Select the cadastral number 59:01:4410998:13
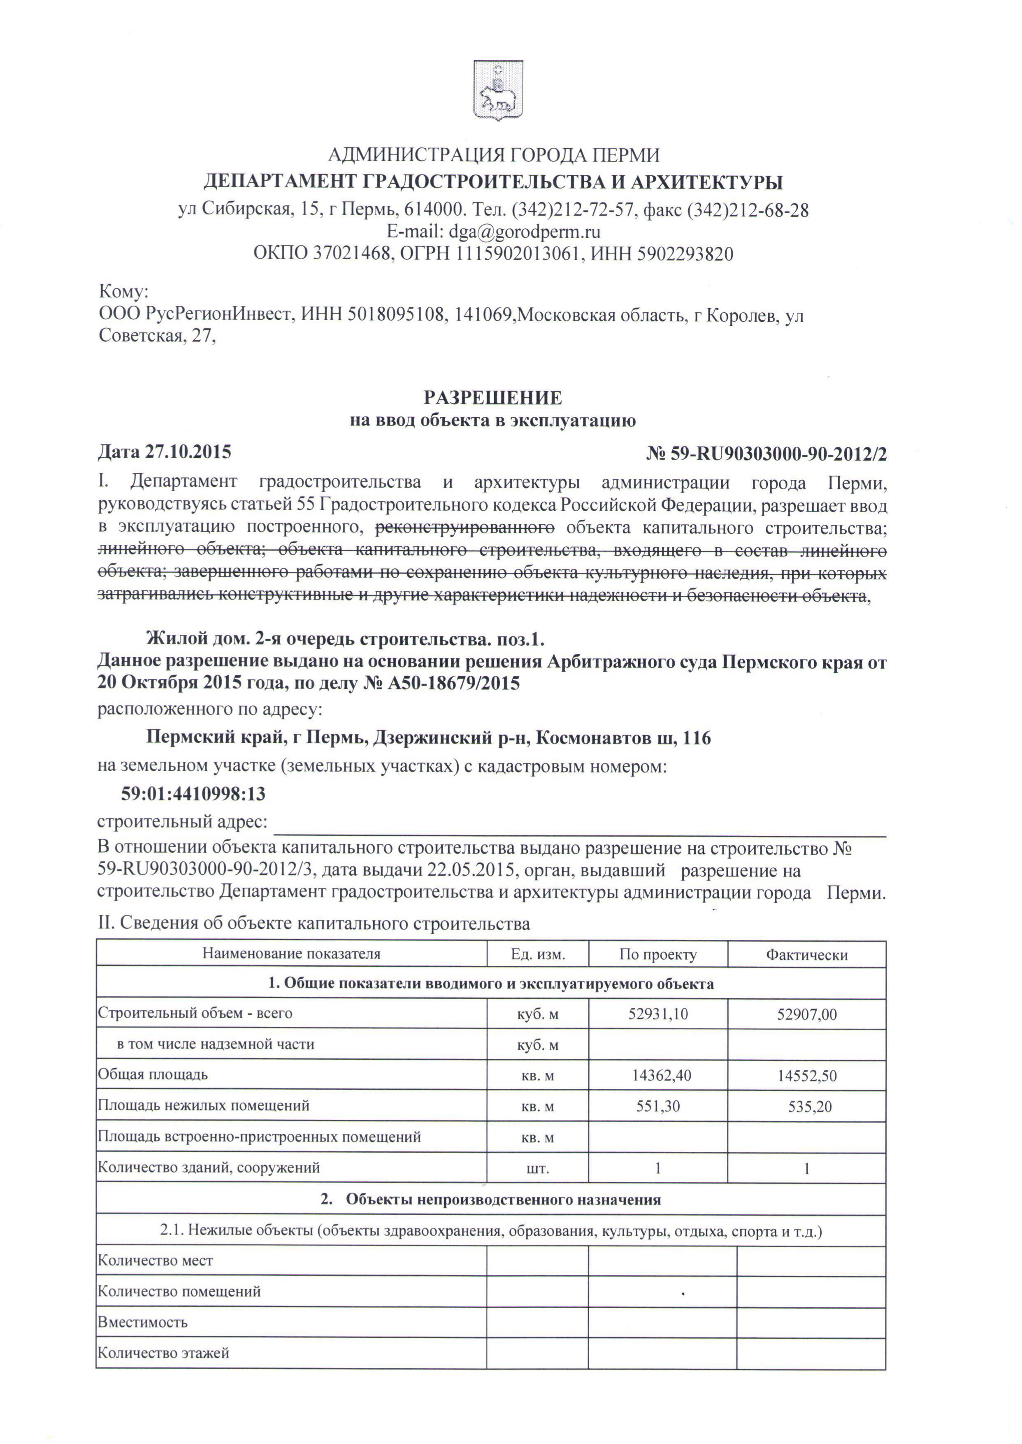(193, 794)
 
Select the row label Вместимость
(142, 1322)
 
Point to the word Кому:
(123, 291)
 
